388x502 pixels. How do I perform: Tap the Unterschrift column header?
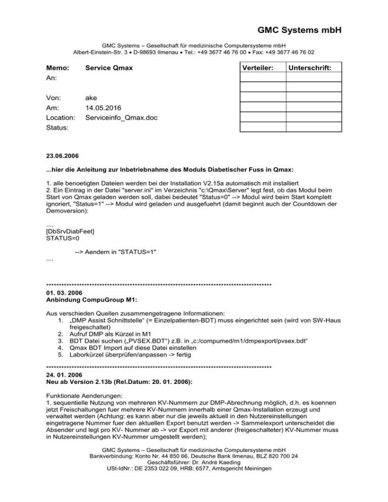313,67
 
